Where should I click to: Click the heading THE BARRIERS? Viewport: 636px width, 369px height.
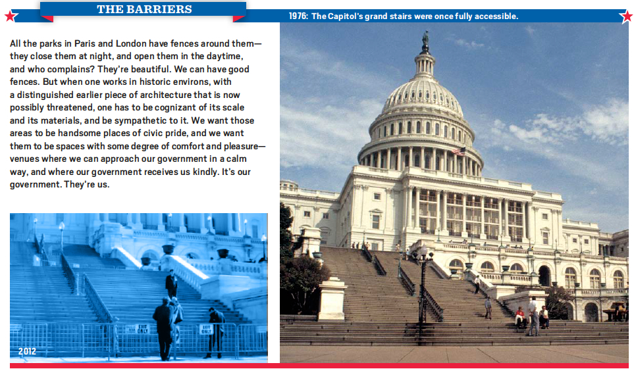pyautogui.click(x=144, y=9)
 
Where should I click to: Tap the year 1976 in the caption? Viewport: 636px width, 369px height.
pyautogui.click(x=298, y=16)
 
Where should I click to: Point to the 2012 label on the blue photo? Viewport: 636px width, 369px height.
pyautogui.click(x=27, y=351)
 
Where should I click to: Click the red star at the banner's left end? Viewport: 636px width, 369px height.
pyautogui.click(x=11, y=16)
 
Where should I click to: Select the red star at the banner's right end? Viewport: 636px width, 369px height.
pyautogui.click(x=627, y=16)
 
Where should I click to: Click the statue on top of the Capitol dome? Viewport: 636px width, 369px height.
pyautogui.click(x=425, y=39)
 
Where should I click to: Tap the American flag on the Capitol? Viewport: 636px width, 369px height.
pyautogui.click(x=459, y=151)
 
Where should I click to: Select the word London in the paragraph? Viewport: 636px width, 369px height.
pyautogui.click(x=130, y=43)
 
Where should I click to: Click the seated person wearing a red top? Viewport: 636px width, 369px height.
pyautogui.click(x=519, y=317)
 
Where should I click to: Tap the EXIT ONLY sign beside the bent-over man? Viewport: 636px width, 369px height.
pyautogui.click(x=206, y=330)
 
